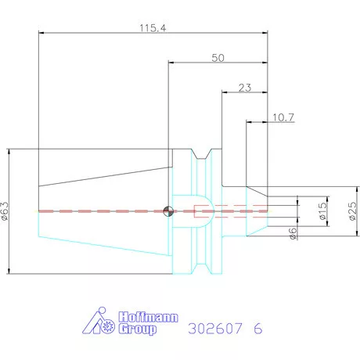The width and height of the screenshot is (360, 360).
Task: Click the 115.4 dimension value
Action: tap(153, 28)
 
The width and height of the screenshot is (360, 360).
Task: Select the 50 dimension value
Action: tap(218, 58)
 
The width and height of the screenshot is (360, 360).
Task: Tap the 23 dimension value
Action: tap(245, 88)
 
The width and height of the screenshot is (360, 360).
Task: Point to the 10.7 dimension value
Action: tap(283, 117)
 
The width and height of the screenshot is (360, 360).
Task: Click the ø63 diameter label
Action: tap(5, 211)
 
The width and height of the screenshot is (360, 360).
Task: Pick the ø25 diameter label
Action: tap(352, 211)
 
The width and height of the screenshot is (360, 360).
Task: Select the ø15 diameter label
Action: tap(322, 211)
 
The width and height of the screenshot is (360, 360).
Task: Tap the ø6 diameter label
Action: tap(293, 233)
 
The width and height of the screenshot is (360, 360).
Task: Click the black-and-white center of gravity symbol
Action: tap(168, 211)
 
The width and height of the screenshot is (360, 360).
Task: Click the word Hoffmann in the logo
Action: tap(148, 317)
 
